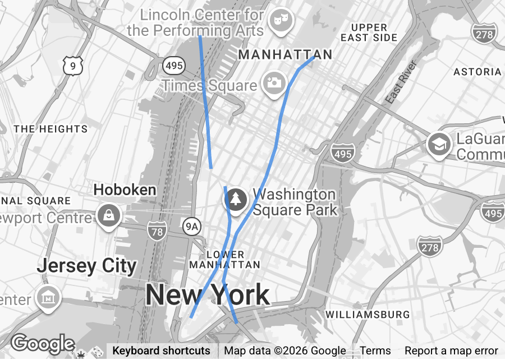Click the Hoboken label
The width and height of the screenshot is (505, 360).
[x=125, y=190]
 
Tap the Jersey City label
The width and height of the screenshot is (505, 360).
[x=86, y=266]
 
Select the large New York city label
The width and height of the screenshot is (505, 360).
[x=208, y=295]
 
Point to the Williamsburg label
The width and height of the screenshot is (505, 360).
[x=368, y=315]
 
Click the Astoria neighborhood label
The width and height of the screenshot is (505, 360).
[x=477, y=72]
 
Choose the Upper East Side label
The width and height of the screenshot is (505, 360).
[x=369, y=33]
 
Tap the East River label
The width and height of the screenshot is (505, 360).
[x=401, y=82]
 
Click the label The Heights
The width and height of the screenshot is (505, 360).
[x=50, y=129]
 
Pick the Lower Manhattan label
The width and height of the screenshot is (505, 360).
[x=225, y=260]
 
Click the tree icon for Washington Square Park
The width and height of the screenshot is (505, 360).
[x=236, y=199]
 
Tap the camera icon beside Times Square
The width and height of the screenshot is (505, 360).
[x=273, y=84]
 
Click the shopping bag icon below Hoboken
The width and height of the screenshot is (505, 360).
[x=107, y=215]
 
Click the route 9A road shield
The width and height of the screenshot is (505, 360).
[x=192, y=226]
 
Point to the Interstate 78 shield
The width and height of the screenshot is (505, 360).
[x=157, y=229]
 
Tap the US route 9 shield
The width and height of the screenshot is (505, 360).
[x=74, y=66]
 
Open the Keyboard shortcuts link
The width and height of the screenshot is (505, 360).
[x=161, y=351]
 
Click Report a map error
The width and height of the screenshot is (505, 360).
[x=451, y=351]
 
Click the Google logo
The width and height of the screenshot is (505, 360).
[x=42, y=344]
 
